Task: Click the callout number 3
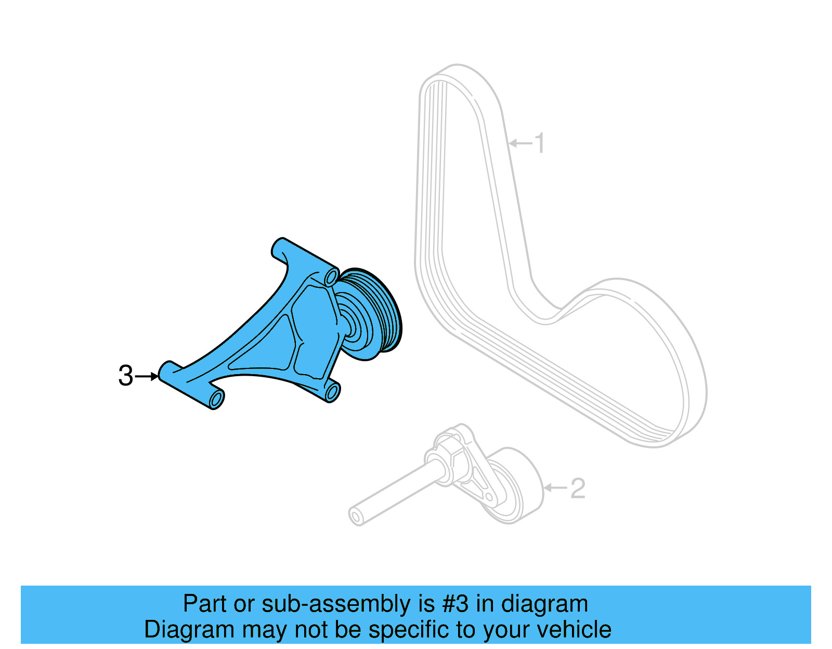point(125,376)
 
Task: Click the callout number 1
point(540,143)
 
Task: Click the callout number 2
point(578,488)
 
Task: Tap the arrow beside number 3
point(147,376)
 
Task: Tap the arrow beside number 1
point(521,143)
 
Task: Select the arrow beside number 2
point(555,488)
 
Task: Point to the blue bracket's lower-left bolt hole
point(217,400)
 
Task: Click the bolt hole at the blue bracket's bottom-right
point(332,392)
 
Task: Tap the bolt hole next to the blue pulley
point(330,277)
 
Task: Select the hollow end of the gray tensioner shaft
point(356,517)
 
